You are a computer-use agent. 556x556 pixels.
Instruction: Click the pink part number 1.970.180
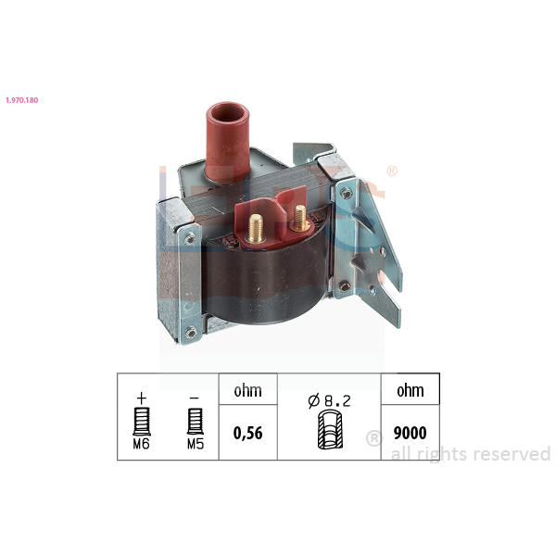[22, 100]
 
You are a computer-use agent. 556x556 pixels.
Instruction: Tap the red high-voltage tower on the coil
[227, 143]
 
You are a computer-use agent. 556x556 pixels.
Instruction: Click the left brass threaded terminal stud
[256, 229]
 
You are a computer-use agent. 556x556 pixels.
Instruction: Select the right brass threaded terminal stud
[300, 218]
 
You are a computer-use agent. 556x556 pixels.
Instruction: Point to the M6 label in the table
[142, 444]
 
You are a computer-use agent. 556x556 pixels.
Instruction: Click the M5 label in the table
[196, 444]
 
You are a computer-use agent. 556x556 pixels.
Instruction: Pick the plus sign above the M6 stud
[142, 398]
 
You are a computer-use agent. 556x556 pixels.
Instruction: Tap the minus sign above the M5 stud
[195, 398]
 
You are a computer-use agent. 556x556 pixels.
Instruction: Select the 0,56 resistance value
[247, 434]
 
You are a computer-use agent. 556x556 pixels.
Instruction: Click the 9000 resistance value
[411, 433]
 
